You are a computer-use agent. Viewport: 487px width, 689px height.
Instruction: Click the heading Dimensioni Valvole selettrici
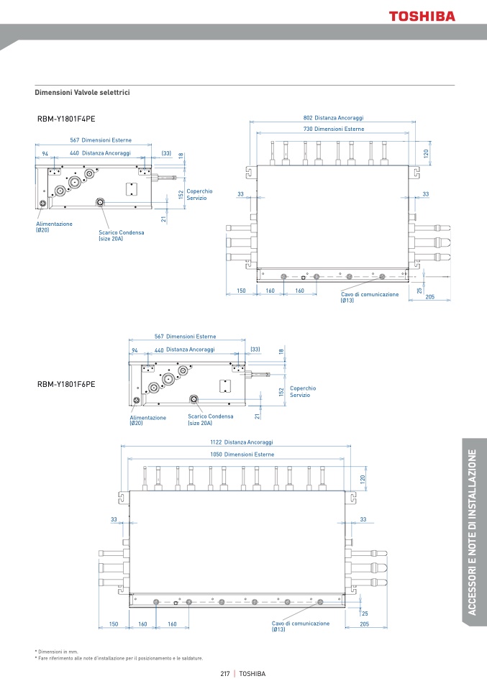point(83,93)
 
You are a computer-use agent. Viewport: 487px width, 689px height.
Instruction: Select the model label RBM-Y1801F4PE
point(66,120)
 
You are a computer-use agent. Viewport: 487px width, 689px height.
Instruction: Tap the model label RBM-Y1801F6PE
point(66,384)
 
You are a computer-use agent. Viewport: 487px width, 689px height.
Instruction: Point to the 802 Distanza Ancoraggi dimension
point(333,117)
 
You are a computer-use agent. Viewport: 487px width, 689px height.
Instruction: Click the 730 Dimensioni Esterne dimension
point(333,129)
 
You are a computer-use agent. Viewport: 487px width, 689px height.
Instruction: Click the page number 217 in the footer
point(224,674)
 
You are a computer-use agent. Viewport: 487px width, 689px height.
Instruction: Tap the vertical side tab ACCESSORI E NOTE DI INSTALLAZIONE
point(472,532)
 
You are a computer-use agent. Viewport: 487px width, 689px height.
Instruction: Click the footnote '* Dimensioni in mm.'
point(57,651)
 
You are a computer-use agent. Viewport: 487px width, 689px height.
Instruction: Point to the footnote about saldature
point(119,658)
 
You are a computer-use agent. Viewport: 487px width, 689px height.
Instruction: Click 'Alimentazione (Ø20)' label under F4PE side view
point(54,227)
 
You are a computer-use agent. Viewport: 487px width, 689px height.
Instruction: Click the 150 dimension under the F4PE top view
point(241,291)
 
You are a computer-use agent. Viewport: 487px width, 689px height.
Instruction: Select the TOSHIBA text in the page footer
point(252,674)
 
